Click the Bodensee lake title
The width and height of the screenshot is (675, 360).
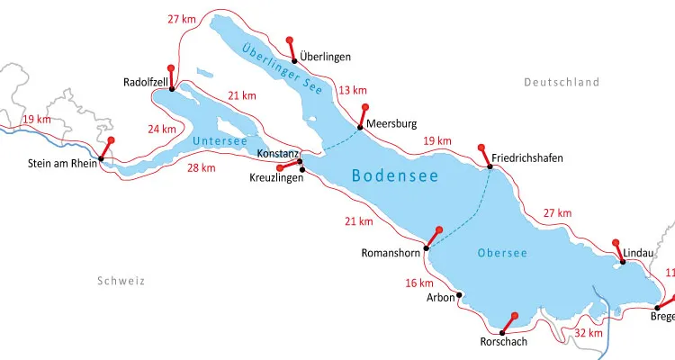[x=395, y=176]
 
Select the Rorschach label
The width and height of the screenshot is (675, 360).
[x=504, y=342]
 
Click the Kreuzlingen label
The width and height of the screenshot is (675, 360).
[x=276, y=177]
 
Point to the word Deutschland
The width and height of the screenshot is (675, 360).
[x=562, y=82]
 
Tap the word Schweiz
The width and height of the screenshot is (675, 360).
[x=121, y=281]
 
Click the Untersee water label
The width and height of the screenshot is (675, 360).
[x=217, y=140]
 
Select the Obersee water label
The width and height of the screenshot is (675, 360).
[x=502, y=253]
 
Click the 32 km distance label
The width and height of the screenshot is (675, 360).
[x=588, y=333]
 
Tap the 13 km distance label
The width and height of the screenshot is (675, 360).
[x=353, y=90]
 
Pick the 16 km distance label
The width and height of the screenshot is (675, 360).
[x=419, y=283]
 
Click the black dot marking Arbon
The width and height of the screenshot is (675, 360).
[x=459, y=294]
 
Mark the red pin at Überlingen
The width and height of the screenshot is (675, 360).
[x=289, y=40]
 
